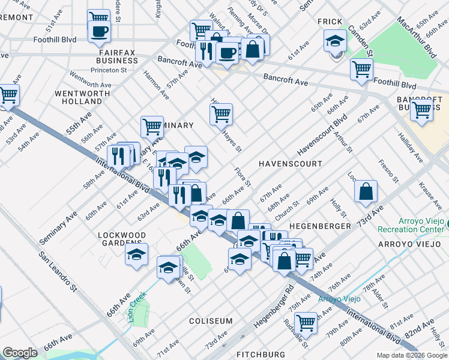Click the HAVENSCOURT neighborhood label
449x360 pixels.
(290, 164)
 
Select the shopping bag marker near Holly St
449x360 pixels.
(366, 193)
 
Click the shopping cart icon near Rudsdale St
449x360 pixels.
(306, 323)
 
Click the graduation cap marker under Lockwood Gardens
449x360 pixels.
(136, 254)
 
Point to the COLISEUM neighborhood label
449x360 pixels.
(211, 321)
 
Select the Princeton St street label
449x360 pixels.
(108, 70)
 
